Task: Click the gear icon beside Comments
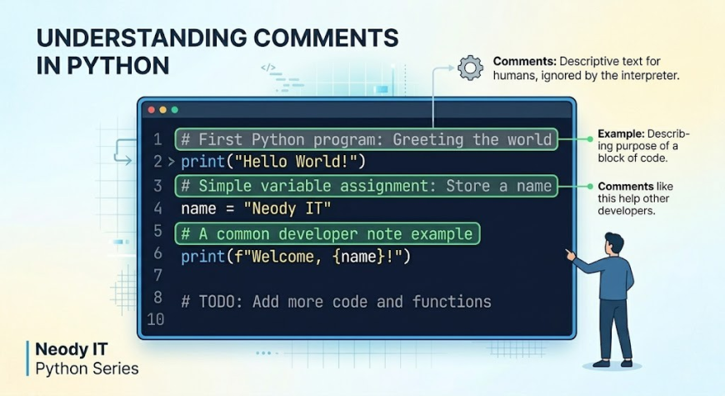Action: point(471,68)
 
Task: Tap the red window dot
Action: point(152,110)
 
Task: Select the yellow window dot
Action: point(163,110)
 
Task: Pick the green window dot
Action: point(175,110)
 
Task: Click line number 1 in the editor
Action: point(157,139)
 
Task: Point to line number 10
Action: point(155,319)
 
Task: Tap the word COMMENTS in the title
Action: point(317,38)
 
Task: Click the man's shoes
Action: point(610,363)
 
